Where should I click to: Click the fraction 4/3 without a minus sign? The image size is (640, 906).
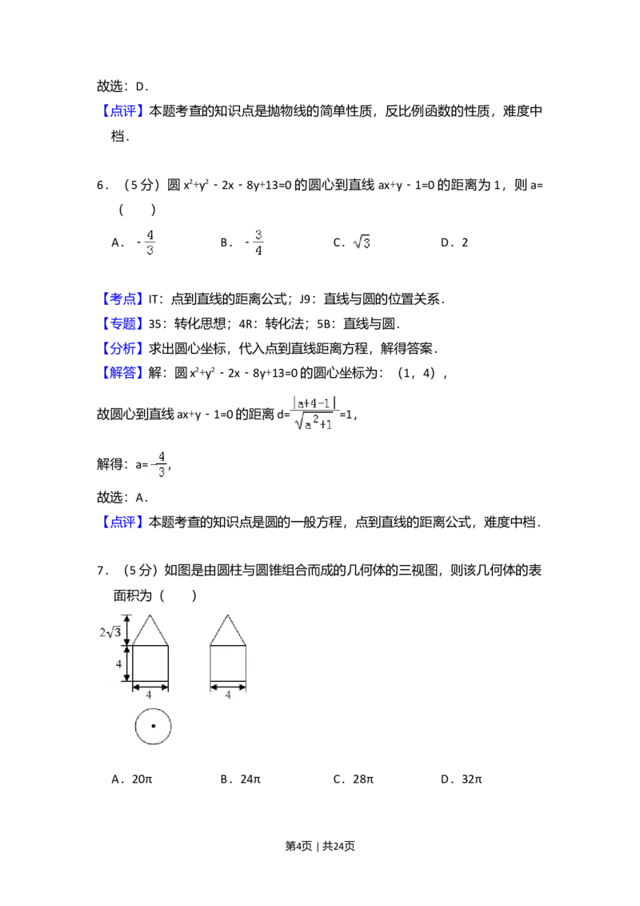(150, 243)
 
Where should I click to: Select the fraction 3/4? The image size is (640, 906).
(258, 243)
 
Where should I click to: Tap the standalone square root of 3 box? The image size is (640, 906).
(362, 240)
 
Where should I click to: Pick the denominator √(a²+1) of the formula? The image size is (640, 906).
(315, 423)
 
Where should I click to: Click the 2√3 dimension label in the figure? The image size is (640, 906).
(109, 631)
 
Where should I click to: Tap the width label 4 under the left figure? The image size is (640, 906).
(150, 695)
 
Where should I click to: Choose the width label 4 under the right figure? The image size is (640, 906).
(228, 695)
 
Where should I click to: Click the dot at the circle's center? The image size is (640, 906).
(153, 727)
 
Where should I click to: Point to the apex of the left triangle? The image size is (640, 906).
(150, 615)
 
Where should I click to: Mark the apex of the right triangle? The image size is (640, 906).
(228, 615)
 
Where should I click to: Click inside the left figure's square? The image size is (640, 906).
(150, 663)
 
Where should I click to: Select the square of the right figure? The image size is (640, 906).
(228, 663)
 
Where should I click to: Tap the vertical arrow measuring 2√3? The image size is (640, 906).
(126, 630)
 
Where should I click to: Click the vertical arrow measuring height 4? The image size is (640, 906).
(126, 663)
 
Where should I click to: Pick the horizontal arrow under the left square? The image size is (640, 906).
(150, 686)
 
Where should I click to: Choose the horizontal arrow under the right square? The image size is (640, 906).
(228, 686)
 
